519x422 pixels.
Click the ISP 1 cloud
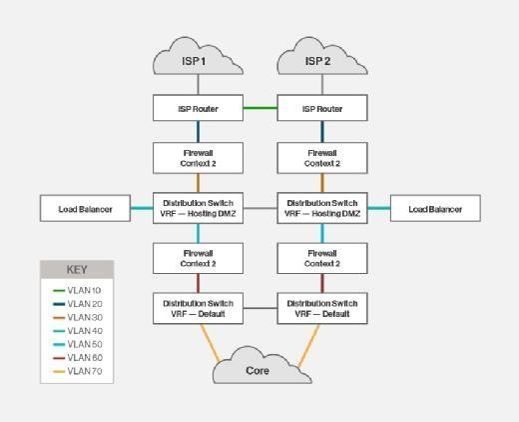coord(198,56)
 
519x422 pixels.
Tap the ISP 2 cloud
coord(322,56)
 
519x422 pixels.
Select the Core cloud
coord(261,366)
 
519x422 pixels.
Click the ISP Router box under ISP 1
coord(198,108)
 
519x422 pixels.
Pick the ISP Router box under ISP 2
coord(322,108)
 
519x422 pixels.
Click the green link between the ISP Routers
coord(260,108)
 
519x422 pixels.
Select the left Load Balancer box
coord(85,208)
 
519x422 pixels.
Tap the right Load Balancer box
coord(435,208)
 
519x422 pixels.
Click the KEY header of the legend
coord(77,269)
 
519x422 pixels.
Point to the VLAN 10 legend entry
coord(77,290)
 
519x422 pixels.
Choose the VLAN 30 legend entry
coord(78,317)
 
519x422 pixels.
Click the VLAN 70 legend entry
coord(78,371)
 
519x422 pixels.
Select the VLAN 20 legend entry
coord(78,304)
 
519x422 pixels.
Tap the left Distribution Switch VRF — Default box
coord(198,308)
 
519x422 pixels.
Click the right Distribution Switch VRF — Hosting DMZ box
coord(322,208)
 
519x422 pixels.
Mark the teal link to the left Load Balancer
coord(142,208)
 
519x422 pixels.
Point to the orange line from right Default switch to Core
coord(308,346)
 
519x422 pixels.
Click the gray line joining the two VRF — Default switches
coord(260,308)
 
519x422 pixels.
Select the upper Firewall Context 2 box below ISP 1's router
coord(198,158)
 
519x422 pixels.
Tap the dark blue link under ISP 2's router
coord(322,132)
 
